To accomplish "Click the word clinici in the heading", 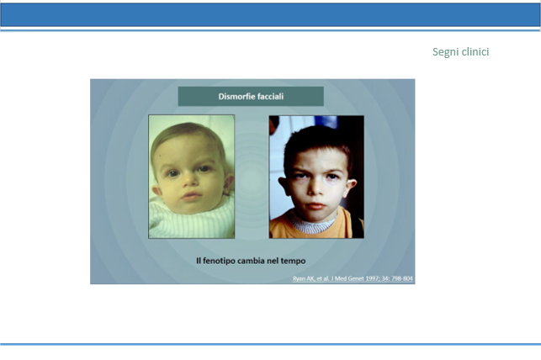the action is click(x=475, y=51).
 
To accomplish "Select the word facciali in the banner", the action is click(x=270, y=97).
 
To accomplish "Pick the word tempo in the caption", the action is click(x=293, y=261).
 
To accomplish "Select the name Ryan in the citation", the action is click(x=299, y=278).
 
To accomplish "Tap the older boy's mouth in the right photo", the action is click(x=316, y=206).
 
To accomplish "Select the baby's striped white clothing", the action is click(x=192, y=219).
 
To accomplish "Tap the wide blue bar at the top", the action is click(x=271, y=15).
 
